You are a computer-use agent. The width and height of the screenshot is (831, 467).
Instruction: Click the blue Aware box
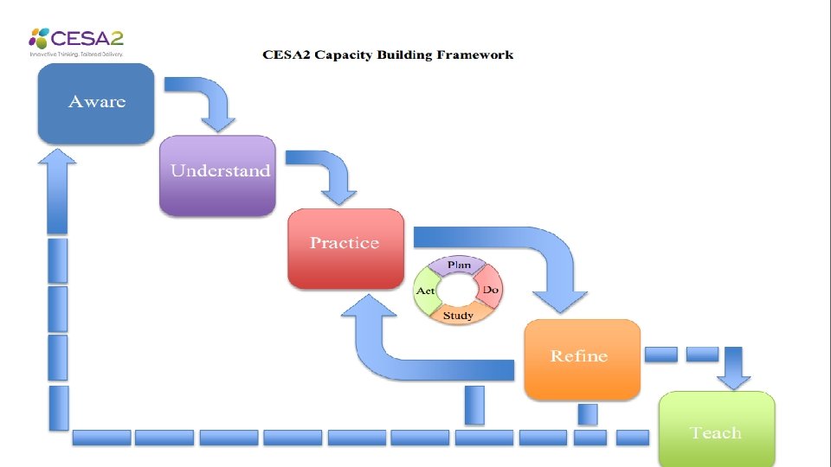click(96, 102)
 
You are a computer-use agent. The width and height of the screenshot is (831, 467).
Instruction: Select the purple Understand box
click(217, 174)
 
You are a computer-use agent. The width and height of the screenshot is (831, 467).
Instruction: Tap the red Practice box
click(345, 246)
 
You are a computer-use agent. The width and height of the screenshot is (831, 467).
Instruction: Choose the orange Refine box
click(582, 358)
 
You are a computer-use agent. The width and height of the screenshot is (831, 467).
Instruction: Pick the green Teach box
click(717, 430)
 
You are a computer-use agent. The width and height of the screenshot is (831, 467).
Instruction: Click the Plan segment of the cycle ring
click(459, 265)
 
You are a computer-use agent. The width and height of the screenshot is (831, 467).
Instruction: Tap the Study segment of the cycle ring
click(458, 316)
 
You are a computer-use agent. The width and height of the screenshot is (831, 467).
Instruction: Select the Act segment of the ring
click(425, 291)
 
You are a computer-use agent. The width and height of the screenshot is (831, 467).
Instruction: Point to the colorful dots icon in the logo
click(39, 38)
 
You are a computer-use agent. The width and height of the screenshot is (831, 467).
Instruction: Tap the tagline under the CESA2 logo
click(77, 54)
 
